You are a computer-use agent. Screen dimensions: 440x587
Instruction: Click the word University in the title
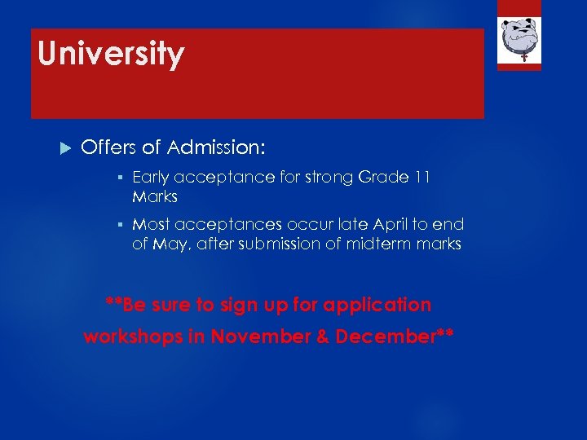point(111,55)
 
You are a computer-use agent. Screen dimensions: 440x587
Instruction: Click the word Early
point(151,177)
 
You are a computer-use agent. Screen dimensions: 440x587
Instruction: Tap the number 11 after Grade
point(421,177)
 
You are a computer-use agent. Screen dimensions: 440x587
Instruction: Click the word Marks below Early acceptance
point(154,197)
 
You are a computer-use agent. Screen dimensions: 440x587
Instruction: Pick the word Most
point(151,224)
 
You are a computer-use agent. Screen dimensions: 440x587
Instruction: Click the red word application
point(377,306)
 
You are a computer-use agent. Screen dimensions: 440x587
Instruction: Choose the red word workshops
point(133,337)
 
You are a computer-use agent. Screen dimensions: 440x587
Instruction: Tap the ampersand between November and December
point(321,337)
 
